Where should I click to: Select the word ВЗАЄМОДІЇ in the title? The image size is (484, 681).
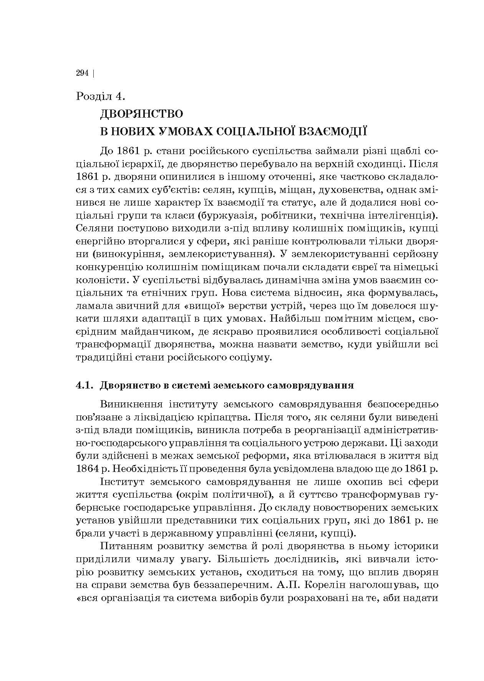[331, 131]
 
